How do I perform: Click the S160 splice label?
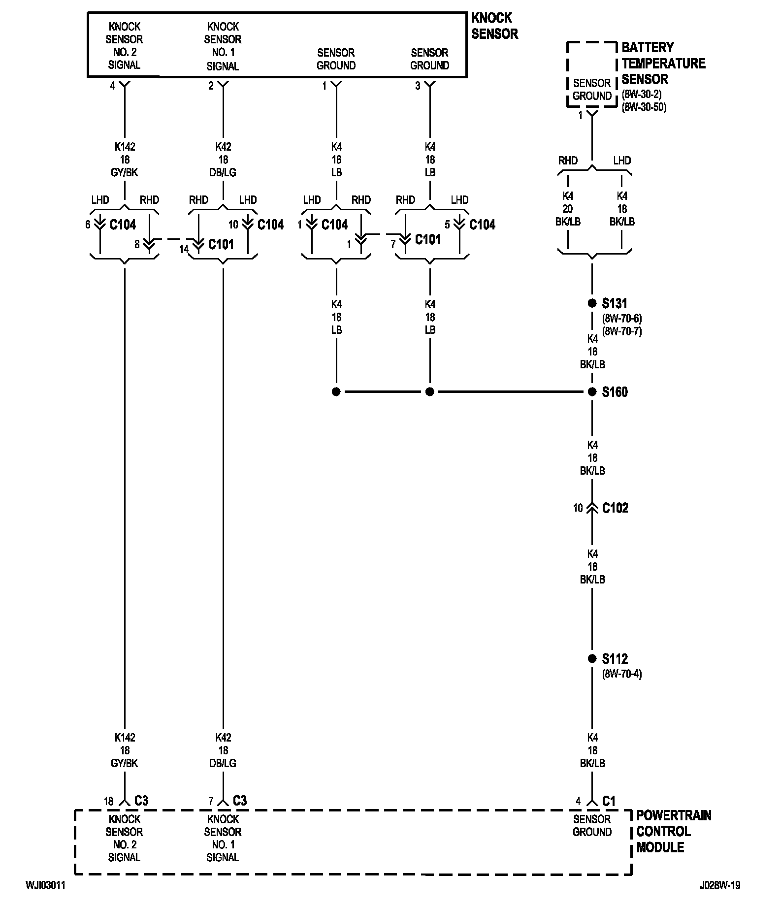615,392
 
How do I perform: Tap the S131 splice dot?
592,303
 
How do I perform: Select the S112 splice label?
615,659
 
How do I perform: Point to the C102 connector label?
615,508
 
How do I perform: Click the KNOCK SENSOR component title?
494,26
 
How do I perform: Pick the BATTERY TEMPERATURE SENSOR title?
663,63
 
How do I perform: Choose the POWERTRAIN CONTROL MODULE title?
674,831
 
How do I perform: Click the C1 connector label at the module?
609,801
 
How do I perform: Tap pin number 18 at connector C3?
108,802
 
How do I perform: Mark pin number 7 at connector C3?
210,802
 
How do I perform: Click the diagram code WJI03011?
45,885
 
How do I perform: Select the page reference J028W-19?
719,885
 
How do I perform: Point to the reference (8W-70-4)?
621,674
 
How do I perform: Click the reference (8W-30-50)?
644,107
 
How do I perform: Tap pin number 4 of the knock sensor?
112,86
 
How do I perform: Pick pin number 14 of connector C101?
184,249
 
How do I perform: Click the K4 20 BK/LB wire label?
568,209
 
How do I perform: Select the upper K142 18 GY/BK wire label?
125,160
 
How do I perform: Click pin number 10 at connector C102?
578,508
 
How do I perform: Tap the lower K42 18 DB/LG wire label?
223,750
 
